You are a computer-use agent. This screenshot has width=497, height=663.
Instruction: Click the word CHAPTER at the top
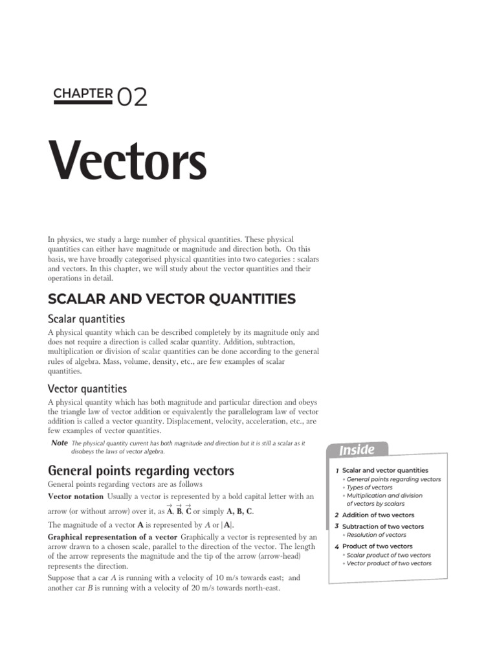pyautogui.click(x=83, y=93)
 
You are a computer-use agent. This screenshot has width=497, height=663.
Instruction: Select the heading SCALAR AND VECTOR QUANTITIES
pyautogui.click(x=171, y=298)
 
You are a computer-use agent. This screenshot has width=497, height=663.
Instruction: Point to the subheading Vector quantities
pyautogui.click(x=87, y=388)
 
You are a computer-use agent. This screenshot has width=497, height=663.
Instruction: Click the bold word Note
pyautogui.click(x=59, y=442)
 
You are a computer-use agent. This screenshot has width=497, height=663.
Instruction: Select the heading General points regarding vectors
pyautogui.click(x=141, y=471)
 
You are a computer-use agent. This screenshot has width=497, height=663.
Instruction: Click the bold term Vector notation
pyautogui.click(x=76, y=496)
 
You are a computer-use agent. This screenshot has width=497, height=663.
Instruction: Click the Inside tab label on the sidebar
pyautogui.click(x=357, y=449)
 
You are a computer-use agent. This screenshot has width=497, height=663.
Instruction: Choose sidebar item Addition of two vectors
pyautogui.click(x=378, y=515)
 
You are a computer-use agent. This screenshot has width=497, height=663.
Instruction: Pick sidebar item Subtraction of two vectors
pyautogui.click(x=383, y=526)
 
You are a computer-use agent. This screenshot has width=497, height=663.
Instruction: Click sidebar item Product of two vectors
pyautogui.click(x=377, y=546)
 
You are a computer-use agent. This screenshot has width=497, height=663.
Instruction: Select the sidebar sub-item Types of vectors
pyautogui.click(x=370, y=488)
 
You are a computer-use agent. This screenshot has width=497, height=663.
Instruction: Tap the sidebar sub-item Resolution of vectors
pyautogui.click(x=377, y=535)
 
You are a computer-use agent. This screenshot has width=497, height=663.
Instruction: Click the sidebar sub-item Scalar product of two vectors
pyautogui.click(x=389, y=555)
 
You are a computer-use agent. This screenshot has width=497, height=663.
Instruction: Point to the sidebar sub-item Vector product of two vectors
pyautogui.click(x=389, y=563)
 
